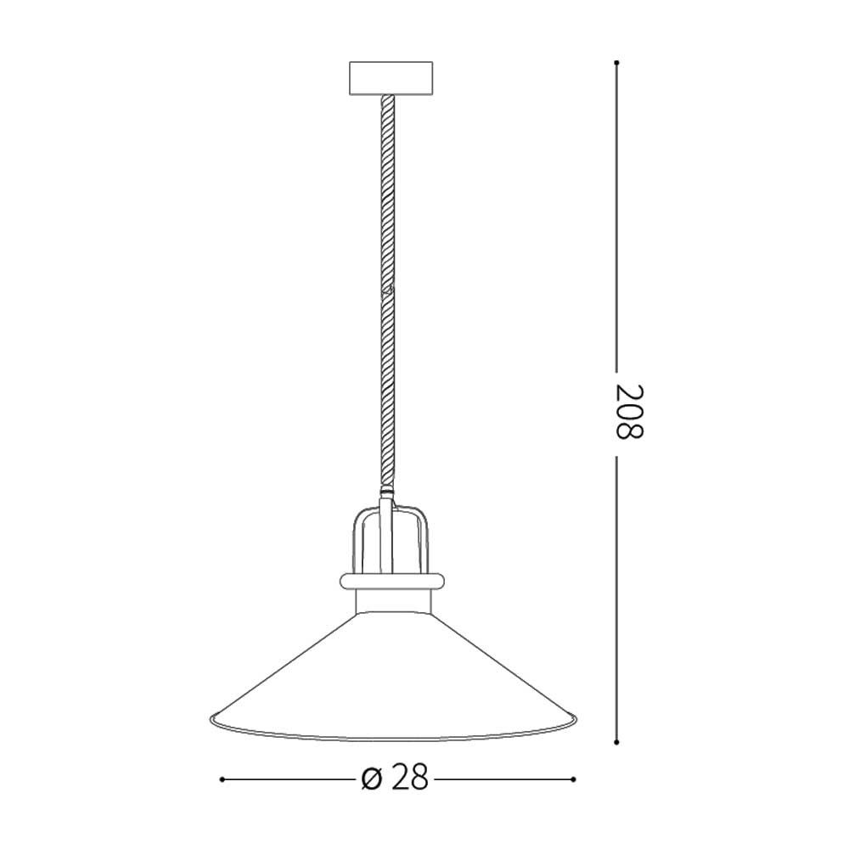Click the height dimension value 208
(x=630, y=412)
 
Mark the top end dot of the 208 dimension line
(x=617, y=62)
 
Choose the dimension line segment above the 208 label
(x=617, y=212)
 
